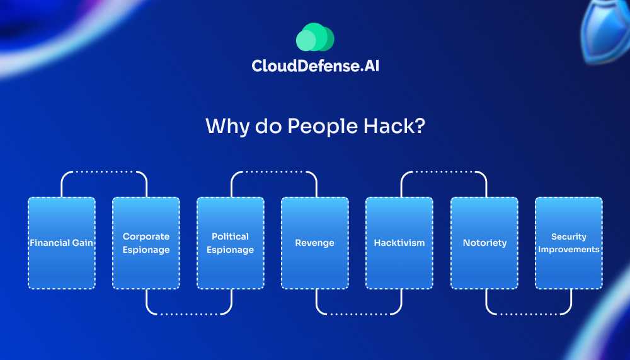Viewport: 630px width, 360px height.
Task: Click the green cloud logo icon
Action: point(314,37)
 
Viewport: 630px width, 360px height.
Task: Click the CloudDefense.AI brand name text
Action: point(315,66)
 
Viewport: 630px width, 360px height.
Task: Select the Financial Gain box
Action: point(62,243)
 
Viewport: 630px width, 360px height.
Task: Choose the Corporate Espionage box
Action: point(146,243)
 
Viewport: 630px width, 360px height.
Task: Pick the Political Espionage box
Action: point(231,243)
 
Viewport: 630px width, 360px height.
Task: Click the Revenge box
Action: point(315,243)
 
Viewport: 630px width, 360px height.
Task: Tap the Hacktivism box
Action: point(399,243)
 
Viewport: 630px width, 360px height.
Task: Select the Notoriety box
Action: point(484,243)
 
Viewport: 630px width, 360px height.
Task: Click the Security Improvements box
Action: point(569,243)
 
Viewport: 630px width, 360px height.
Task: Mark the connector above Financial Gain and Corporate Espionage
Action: point(104,172)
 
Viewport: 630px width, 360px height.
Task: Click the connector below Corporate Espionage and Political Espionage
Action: point(189,313)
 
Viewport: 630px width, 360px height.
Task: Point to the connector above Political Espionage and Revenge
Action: point(273,172)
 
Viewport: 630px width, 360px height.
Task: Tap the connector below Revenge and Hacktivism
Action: point(358,313)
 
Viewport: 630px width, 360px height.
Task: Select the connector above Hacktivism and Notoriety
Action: point(444,172)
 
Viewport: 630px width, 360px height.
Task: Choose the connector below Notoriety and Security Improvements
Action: point(528,313)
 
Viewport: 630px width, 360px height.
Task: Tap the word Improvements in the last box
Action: point(569,249)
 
